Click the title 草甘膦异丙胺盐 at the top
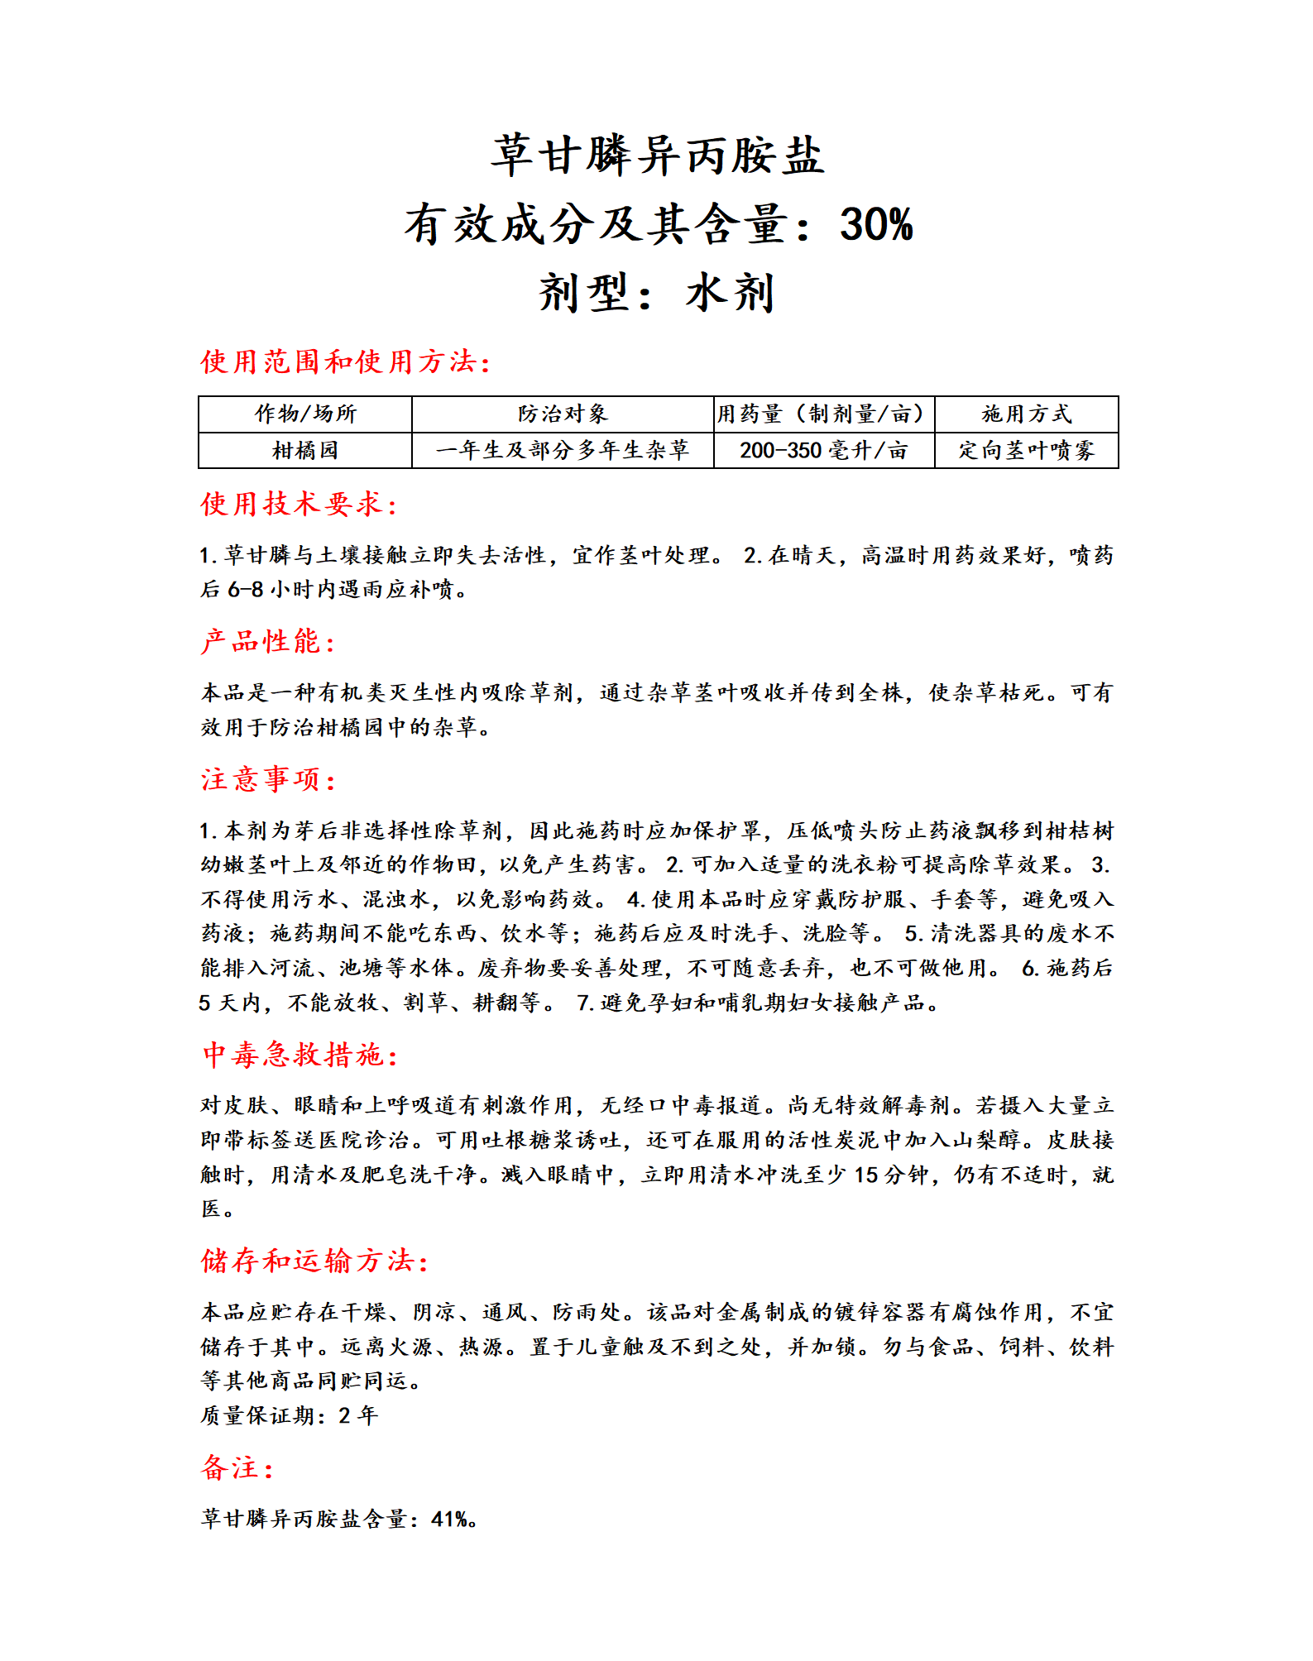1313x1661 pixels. [658, 156]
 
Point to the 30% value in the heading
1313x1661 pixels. [876, 224]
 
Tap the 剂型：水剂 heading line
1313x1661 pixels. [656, 293]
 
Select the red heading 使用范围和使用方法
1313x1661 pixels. [345, 361]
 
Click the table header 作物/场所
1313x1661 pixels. [305, 414]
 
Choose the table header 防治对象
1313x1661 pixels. [563, 414]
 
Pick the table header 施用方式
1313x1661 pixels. [1026, 414]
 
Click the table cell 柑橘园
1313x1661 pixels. [305, 450]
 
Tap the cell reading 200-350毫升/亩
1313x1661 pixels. [823, 450]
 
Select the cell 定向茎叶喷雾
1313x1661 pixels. [1026, 450]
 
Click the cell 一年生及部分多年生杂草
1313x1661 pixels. [563, 450]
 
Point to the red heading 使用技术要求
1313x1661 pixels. [299, 504]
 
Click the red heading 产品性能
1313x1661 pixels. [267, 641]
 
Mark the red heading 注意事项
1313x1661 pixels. [267, 779]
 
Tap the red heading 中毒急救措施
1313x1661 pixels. [299, 1055]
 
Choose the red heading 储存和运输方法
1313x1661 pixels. [314, 1261]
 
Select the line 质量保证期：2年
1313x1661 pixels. [289, 1415]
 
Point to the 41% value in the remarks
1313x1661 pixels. [452, 1519]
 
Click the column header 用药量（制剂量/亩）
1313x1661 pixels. [823, 414]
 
